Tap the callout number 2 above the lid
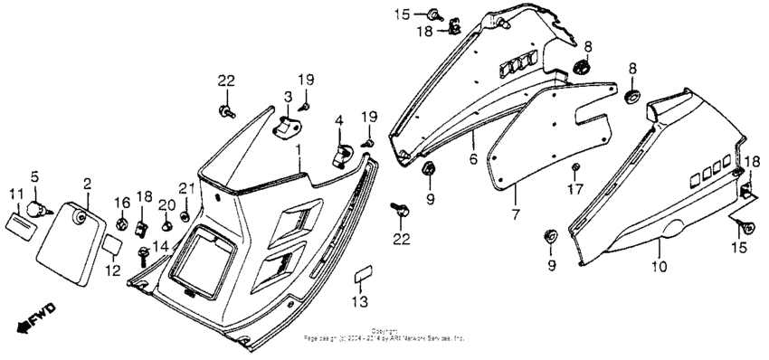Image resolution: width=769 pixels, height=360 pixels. coord(87,184)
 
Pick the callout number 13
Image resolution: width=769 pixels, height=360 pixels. coord(359,301)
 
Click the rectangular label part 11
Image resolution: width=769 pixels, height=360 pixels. coord(17,220)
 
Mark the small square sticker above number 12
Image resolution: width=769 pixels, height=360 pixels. coord(109,243)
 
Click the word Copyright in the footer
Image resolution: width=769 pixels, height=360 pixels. coord(384,331)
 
